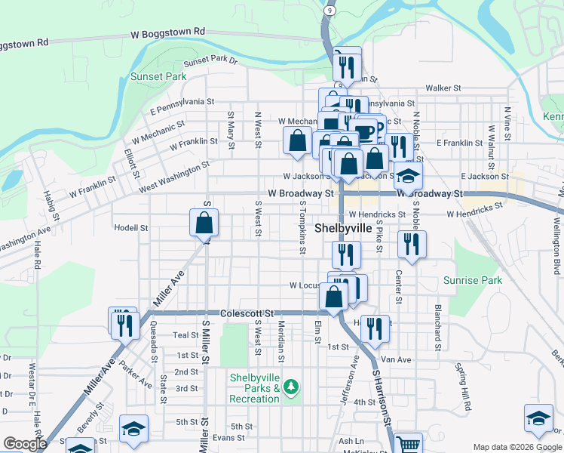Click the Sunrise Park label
pyautogui.click(x=473, y=280)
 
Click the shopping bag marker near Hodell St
pyautogui.click(x=204, y=223)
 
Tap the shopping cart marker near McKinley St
pyautogui.click(x=408, y=444)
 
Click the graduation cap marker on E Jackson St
pyautogui.click(x=408, y=176)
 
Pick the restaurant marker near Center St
pyautogui.click(x=412, y=244)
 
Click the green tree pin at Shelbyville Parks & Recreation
pyautogui.click(x=291, y=388)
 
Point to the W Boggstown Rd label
pyautogui.click(x=167, y=32)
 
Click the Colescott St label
pyautogui.click(x=245, y=313)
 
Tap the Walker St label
pyautogui.click(x=443, y=88)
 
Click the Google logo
pyautogui.click(x=25, y=444)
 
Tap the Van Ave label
pyautogui.click(x=395, y=360)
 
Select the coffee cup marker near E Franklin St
pyautogui.click(x=365, y=131)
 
